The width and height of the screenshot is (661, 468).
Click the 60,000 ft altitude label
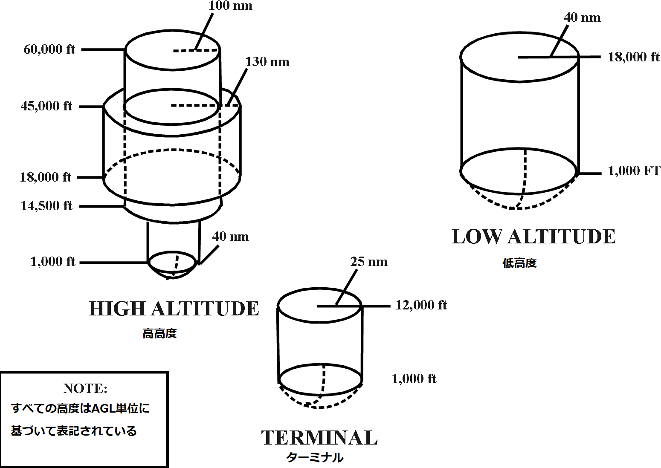point(49,49)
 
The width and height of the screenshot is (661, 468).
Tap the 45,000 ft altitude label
point(46,106)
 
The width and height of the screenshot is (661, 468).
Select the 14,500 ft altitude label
point(46,206)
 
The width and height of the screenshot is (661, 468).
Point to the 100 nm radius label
point(230,6)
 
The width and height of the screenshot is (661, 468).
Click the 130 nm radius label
point(267,62)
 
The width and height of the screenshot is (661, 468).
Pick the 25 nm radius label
point(369,262)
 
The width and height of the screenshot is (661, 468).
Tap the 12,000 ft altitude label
point(421,305)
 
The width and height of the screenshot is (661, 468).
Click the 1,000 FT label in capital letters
point(634,171)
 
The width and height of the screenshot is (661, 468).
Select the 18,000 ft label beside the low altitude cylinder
point(633,57)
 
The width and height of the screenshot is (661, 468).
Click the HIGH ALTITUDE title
point(174,309)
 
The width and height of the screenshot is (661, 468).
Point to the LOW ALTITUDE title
point(533,237)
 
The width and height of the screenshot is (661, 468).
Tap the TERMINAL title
point(319,438)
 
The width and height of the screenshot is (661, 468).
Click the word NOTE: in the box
point(85,388)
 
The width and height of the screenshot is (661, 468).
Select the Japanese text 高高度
point(159,333)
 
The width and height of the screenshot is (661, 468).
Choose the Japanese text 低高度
point(519,263)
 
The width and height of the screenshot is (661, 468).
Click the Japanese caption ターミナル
point(315,458)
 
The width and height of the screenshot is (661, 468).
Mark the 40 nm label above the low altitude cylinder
point(582,18)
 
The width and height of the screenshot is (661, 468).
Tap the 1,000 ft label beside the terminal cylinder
point(414,379)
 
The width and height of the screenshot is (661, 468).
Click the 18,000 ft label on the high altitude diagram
point(46,177)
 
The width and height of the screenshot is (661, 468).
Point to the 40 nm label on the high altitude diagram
point(230,237)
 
